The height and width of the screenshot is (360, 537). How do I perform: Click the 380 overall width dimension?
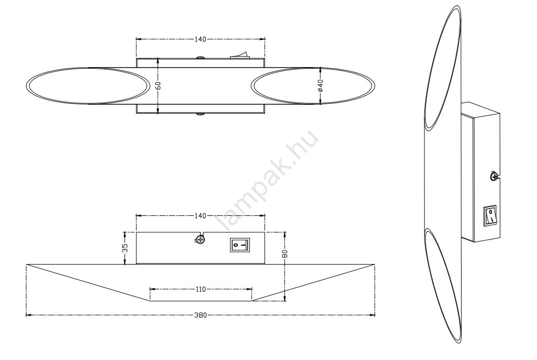[200, 315]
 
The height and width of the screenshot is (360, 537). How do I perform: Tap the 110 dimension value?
[201, 289]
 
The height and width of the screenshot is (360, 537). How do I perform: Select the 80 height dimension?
[286, 254]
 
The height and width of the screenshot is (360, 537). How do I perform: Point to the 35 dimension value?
[125, 248]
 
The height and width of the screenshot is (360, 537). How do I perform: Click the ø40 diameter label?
[320, 85]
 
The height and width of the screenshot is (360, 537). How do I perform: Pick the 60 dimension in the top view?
[158, 85]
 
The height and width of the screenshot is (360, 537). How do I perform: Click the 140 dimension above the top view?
[200, 39]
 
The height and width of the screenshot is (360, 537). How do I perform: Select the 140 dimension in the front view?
[200, 216]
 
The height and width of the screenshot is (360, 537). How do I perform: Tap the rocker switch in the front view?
[240, 245]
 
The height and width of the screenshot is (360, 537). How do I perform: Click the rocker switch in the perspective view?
[490, 216]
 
